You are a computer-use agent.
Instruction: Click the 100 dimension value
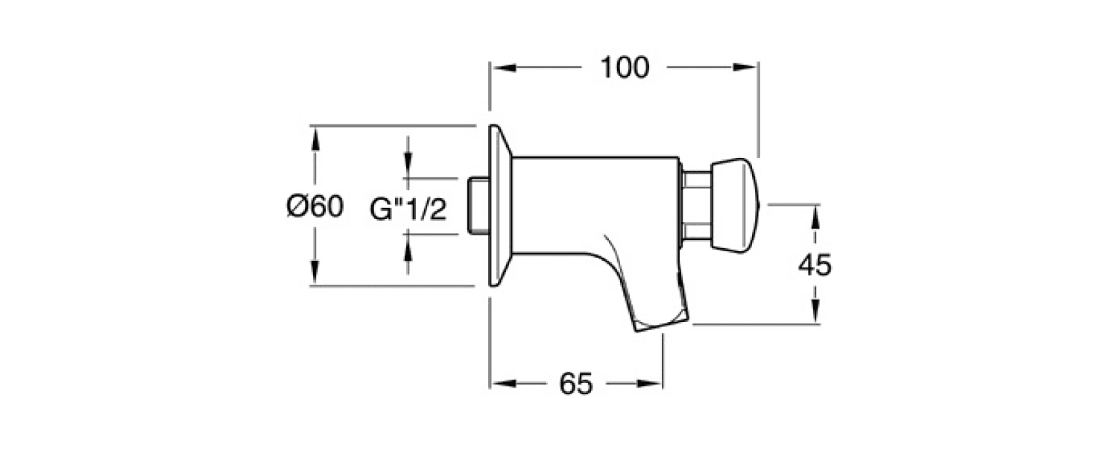pos(625,67)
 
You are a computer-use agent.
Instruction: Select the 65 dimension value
pos(575,384)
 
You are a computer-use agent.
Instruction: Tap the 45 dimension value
pos(814,265)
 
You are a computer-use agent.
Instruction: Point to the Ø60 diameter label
pos(315,206)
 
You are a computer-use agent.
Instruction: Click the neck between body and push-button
pos(695,204)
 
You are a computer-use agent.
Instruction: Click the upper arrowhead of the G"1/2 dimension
pos(408,169)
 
